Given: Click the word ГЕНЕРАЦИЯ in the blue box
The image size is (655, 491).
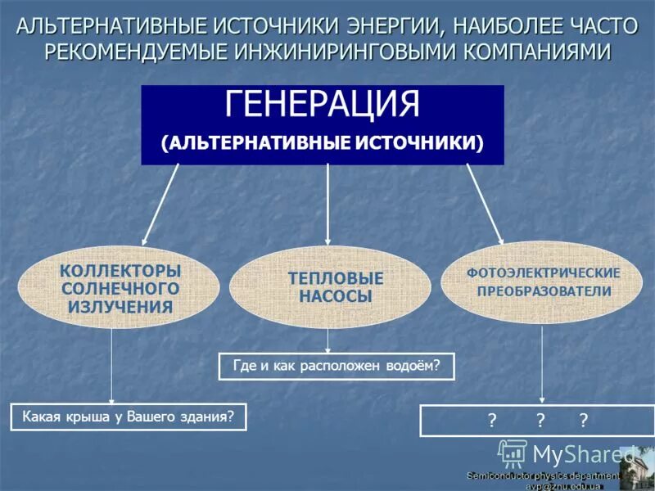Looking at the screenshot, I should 322,105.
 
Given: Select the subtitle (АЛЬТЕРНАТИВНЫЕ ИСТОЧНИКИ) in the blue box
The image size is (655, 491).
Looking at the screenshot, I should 322,142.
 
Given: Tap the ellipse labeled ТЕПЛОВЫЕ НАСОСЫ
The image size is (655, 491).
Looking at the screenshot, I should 329,287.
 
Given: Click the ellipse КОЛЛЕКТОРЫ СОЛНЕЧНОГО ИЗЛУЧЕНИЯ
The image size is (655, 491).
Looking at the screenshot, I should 120,289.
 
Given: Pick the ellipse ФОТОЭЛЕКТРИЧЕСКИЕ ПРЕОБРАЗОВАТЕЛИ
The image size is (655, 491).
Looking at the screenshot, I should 544,282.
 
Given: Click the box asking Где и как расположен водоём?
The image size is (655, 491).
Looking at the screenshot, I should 337,367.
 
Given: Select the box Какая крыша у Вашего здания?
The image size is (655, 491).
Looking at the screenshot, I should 129,417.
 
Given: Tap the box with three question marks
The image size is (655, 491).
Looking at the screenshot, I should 537,421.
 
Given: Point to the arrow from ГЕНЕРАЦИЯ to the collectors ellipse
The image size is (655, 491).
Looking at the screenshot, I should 160,205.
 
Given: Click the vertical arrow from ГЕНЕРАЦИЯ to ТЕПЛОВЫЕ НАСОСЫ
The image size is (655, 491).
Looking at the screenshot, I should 327,205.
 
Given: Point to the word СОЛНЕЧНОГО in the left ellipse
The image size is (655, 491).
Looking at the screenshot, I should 120,289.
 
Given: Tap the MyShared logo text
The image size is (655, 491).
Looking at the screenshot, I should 583,453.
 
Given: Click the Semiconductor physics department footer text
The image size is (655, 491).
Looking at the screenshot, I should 544,475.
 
